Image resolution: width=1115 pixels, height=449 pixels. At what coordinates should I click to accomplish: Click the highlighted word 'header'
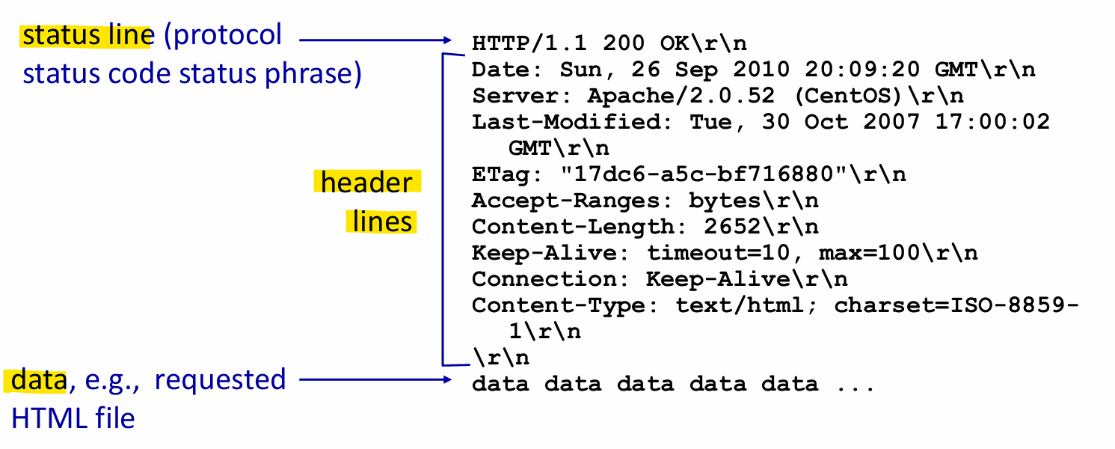click(x=366, y=183)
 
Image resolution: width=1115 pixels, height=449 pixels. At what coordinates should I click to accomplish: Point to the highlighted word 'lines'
click(x=382, y=222)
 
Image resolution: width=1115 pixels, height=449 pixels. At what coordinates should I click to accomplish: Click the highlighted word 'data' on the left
click(x=38, y=380)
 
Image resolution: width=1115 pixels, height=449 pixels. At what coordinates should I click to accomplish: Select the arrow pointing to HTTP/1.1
click(x=374, y=40)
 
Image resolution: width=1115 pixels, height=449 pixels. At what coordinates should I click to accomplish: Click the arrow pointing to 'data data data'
click(x=374, y=380)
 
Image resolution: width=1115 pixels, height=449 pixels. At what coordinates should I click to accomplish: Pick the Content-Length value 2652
click(x=734, y=227)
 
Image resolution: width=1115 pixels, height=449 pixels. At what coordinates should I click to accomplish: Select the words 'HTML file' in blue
click(x=73, y=418)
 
